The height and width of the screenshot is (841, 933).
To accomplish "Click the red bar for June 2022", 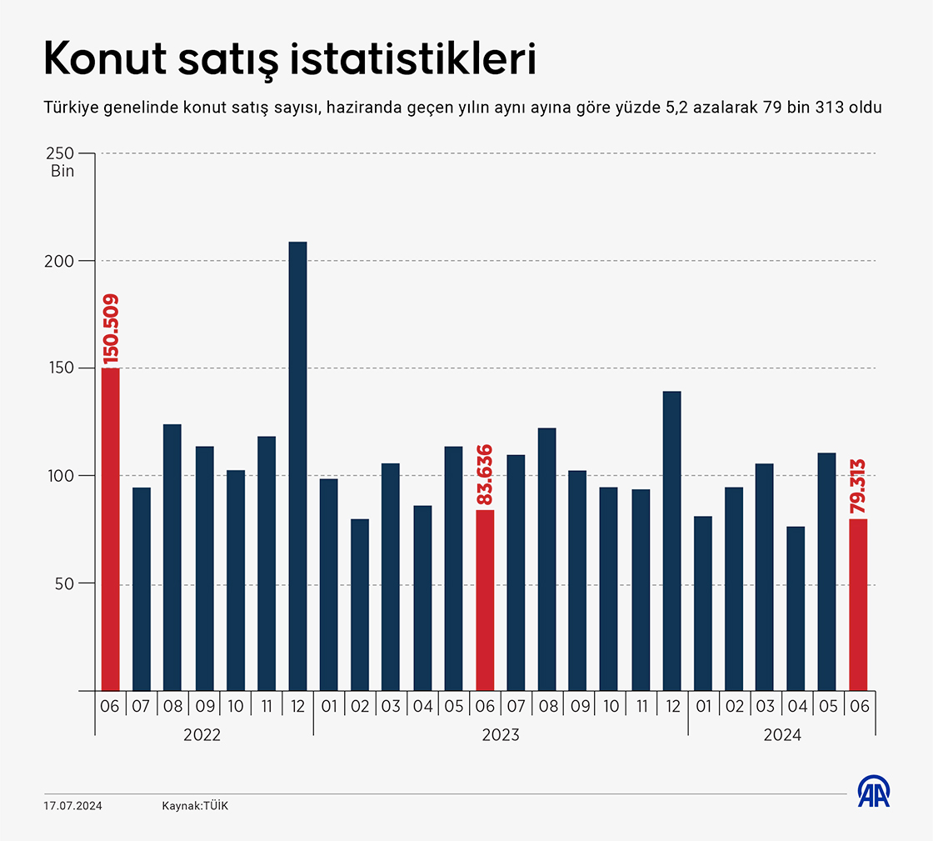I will point(110,529).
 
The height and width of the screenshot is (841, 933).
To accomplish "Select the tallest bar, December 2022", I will point(297,466).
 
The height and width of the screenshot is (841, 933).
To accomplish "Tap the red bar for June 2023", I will point(485,600).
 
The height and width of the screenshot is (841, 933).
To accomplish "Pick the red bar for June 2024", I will point(858,604).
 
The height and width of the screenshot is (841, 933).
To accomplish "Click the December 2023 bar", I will point(671,541).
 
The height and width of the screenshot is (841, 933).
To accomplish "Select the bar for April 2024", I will point(796,608).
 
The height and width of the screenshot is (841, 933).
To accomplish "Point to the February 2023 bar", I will point(360,605).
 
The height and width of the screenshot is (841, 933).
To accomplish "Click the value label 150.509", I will point(111,329).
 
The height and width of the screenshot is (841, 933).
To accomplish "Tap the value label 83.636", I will point(486,475).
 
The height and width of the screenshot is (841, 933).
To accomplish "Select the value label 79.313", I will point(858,485).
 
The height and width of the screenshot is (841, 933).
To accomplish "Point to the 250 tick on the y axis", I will point(60,153).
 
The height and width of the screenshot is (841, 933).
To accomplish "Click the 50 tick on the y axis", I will point(65,583).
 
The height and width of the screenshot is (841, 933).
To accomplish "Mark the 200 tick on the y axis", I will point(60,261).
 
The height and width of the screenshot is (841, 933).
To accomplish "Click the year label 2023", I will point(501,735).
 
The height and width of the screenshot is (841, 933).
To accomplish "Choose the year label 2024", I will point(782,735).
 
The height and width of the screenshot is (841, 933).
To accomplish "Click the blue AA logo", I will point(875,793).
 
